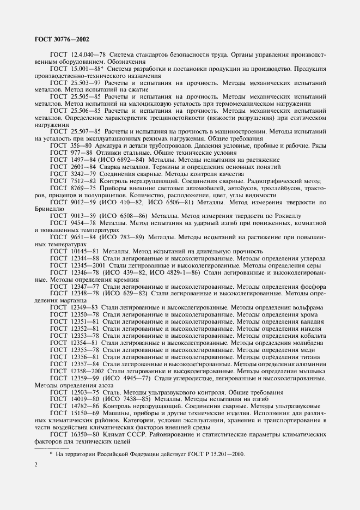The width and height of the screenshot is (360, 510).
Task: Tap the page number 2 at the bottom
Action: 35,464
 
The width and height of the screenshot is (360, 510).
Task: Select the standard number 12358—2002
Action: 88,371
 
